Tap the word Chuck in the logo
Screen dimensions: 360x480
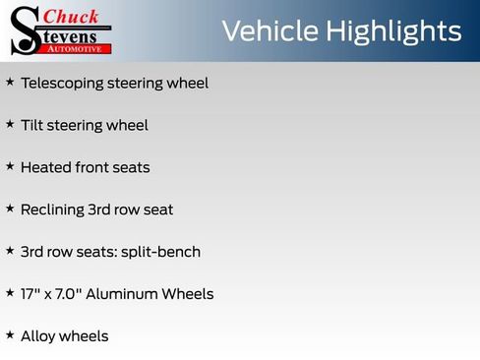tap(72, 16)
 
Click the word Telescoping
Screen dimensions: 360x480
tap(61, 84)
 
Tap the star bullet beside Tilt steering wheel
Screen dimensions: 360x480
tap(10, 124)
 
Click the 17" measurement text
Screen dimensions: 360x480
tap(30, 293)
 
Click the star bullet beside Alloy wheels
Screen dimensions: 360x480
tap(10, 334)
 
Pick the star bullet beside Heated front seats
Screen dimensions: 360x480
tap(10, 166)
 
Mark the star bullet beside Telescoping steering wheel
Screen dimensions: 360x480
tap(10, 82)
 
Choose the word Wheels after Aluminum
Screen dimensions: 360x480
tap(188, 293)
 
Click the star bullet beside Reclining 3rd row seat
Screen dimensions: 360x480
tap(10, 209)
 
